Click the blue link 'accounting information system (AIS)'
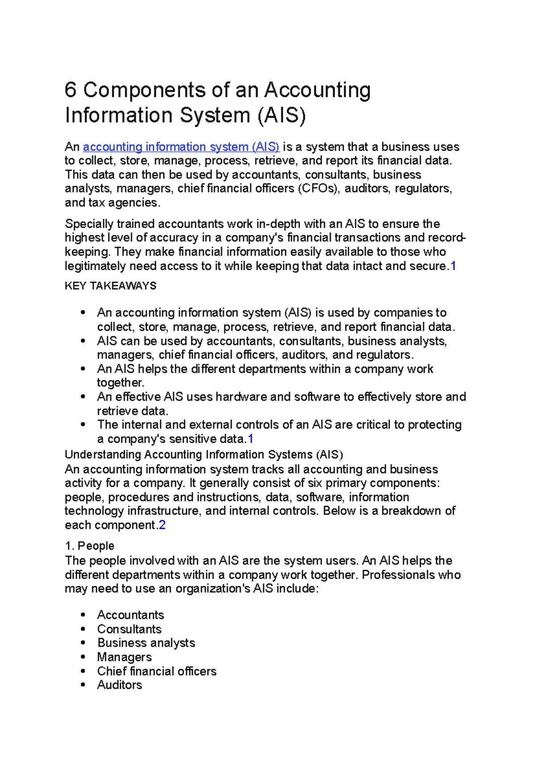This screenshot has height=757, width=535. (181, 147)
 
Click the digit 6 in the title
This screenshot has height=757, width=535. (70, 91)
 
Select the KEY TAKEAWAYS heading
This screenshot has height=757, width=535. (111, 286)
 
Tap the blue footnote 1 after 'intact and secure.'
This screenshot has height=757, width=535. (453, 266)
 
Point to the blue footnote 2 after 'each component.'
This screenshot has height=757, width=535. (162, 525)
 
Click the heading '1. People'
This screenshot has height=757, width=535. (90, 546)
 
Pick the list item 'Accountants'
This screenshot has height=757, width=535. (131, 615)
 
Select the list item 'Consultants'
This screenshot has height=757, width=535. (129, 629)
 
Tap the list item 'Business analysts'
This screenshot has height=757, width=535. (146, 643)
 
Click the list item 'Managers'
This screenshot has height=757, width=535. (124, 657)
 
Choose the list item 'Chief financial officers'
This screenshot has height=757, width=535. (157, 671)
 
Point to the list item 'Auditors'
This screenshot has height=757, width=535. (119, 685)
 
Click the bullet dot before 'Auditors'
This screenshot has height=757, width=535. (83, 685)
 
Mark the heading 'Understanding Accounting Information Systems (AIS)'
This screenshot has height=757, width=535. (204, 454)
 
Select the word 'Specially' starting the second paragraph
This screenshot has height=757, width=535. (89, 224)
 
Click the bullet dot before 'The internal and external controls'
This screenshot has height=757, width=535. (83, 425)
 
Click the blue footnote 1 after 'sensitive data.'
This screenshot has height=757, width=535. (251, 439)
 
